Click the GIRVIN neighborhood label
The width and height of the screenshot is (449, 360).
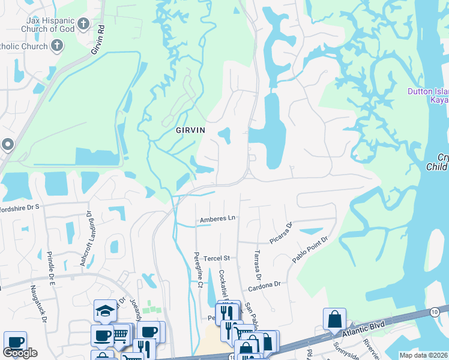pyautogui.click(x=190, y=130)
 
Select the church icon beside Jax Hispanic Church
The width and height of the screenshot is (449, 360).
pyautogui.click(x=83, y=25)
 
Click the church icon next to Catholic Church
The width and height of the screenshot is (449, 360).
pyautogui.click(x=57, y=46)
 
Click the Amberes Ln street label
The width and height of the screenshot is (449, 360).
pyautogui.click(x=217, y=219)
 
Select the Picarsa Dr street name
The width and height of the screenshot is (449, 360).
pyautogui.click(x=280, y=233)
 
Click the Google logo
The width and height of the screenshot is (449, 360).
pyautogui.click(x=20, y=353)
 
